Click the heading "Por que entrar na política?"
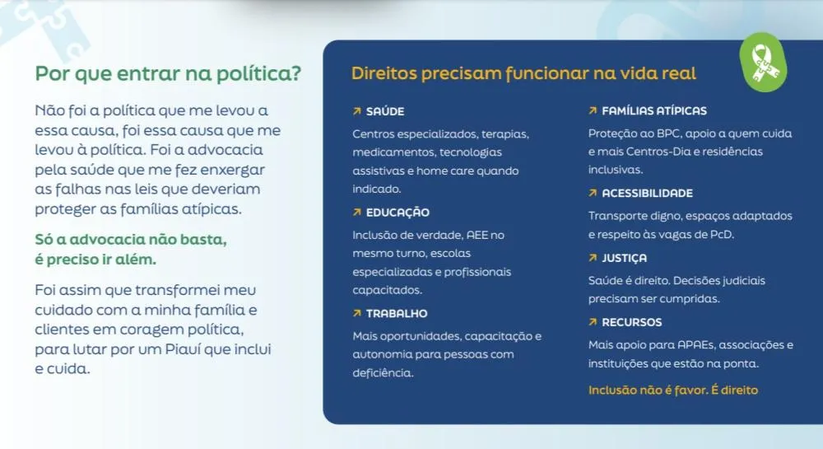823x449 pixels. click(x=168, y=73)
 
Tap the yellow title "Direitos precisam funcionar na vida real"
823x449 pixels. click(x=523, y=73)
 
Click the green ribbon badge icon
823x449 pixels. click(x=763, y=63)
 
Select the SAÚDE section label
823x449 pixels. click(x=384, y=111)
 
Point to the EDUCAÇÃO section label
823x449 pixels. click(x=398, y=213)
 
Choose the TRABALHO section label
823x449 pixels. click(x=397, y=314)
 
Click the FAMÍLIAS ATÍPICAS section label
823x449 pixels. click(x=654, y=110)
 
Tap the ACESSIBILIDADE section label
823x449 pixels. click(x=647, y=194)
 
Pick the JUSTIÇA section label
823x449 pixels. click(x=624, y=259)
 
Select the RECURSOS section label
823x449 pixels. click(x=631, y=322)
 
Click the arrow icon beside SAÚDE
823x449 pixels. click(x=357, y=111)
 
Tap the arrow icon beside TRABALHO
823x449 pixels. click(x=357, y=314)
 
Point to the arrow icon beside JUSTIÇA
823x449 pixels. click(x=593, y=258)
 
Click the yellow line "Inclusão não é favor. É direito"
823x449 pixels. click(x=673, y=391)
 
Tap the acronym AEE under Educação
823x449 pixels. click(x=477, y=235)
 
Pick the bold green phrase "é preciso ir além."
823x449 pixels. click(x=95, y=260)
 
